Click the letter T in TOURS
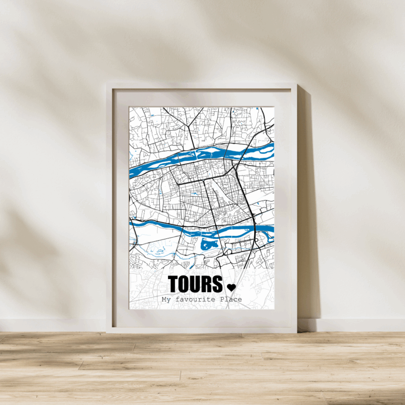(x=174, y=284)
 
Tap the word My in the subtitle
(x=166, y=300)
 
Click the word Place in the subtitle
(x=231, y=300)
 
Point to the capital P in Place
(x=222, y=300)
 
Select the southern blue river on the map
(x=202, y=229)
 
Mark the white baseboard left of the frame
(x=51, y=325)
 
